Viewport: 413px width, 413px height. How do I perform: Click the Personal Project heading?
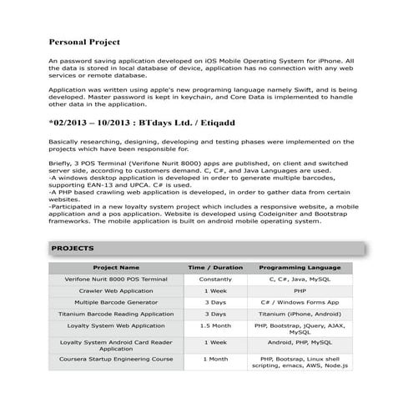pos(84,41)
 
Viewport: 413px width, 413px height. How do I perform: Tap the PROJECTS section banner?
pos(206,249)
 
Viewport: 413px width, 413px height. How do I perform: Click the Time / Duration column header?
pos(215,268)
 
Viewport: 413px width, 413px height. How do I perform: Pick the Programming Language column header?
pos(300,268)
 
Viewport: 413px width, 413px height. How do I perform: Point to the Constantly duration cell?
pos(215,280)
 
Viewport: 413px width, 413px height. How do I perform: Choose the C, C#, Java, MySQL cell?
pos(300,280)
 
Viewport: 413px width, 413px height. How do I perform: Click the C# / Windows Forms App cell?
pos(300,303)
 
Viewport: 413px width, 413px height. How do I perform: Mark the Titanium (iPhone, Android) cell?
pos(300,315)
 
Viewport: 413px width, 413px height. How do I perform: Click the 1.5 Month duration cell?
pos(215,326)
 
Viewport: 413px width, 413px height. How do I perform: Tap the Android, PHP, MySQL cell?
pos(300,342)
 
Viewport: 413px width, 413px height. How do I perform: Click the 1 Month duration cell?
pos(215,359)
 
